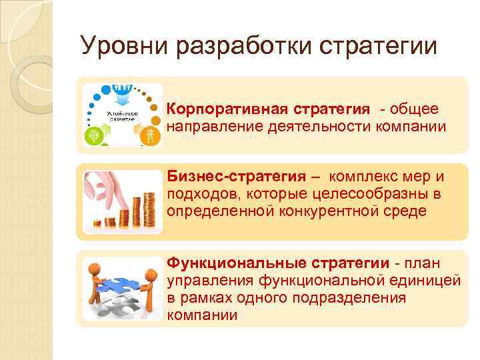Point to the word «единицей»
(427, 281)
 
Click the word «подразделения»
(351, 298)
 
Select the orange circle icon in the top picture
(151, 136)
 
